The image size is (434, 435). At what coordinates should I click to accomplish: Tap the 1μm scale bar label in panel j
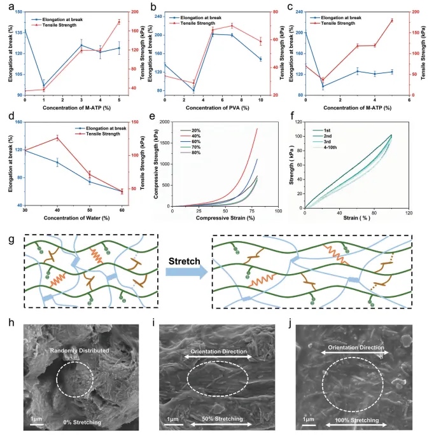pos(309,420)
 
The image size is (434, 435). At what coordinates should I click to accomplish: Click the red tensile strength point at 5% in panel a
pos(119,22)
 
